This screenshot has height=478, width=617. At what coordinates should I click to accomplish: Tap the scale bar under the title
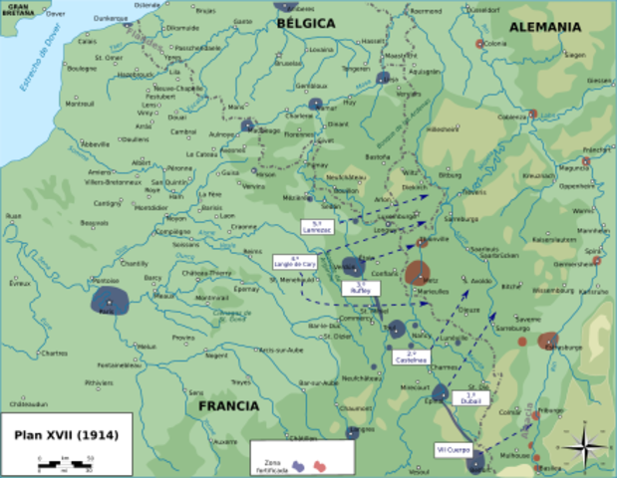pyautogui.click(x=65, y=460)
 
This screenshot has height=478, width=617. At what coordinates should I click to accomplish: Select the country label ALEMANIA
pyautogui.click(x=544, y=27)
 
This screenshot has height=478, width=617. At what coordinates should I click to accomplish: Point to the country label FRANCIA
pyautogui.click(x=227, y=406)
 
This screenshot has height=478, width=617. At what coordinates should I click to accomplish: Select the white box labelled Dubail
pyautogui.click(x=471, y=397)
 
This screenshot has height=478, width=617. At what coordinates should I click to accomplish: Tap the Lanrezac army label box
pyautogui.click(x=318, y=226)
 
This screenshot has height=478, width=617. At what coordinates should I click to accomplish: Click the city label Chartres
pyautogui.click(x=55, y=353)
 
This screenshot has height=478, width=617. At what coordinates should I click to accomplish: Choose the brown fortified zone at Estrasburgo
pyautogui.click(x=547, y=341)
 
